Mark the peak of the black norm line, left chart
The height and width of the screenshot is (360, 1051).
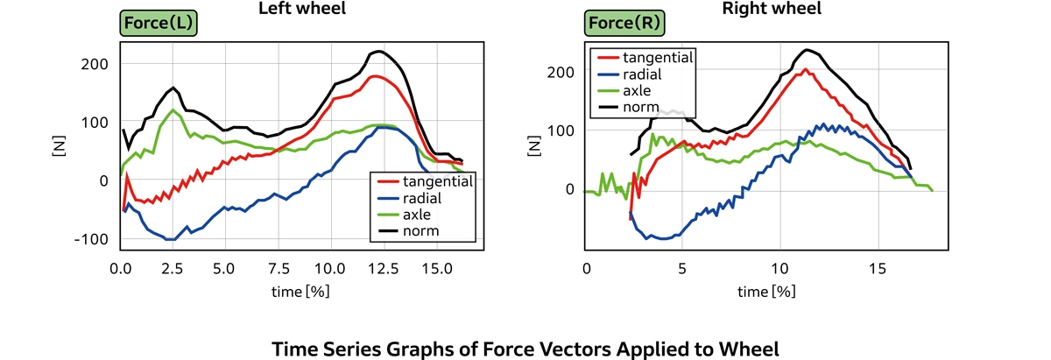coord(378,51)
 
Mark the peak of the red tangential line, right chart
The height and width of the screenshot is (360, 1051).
coord(805,69)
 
